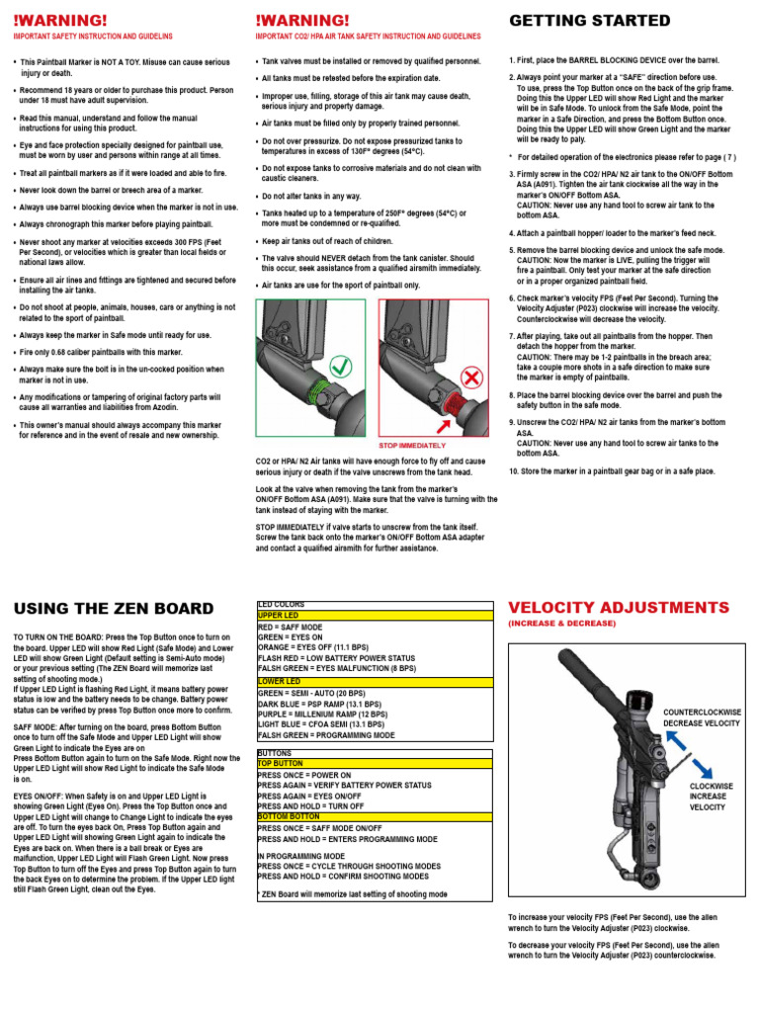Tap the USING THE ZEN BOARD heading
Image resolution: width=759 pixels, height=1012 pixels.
coord(113,608)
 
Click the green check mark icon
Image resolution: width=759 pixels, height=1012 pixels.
coord(345,335)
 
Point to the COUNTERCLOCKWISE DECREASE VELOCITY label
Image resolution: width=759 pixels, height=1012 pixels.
coord(701,717)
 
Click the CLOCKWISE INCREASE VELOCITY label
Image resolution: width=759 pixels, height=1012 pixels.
coord(713,797)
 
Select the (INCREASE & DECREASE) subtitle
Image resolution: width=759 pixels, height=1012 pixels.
coord(561,625)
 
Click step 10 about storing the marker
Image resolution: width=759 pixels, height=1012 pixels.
coord(611,471)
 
